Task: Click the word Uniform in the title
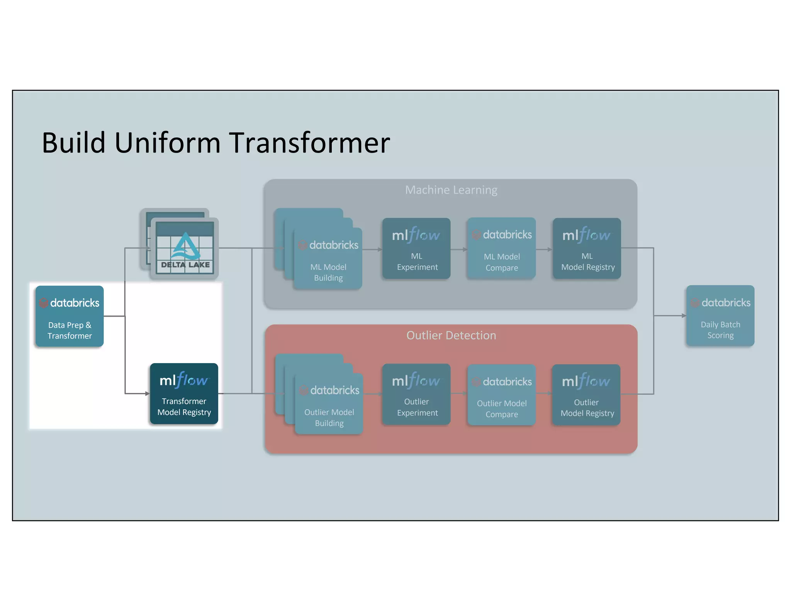[x=167, y=143]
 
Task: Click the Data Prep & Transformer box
[x=70, y=316]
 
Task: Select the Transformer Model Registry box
[x=184, y=394]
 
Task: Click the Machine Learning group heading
[x=451, y=190]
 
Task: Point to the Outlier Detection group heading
[x=451, y=335]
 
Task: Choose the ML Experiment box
[x=416, y=248]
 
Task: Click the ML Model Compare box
[x=501, y=248]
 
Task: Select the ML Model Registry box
[x=587, y=248]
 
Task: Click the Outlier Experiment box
[x=416, y=394]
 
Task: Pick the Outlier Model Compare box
[x=501, y=395]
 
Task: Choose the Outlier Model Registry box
[x=586, y=395]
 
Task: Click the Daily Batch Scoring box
[x=720, y=316]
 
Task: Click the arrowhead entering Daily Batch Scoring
[x=684, y=316]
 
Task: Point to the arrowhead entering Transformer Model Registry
[x=147, y=394]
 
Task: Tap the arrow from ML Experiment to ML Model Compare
[x=459, y=249]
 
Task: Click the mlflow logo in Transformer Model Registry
[x=184, y=380]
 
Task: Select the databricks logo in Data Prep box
[x=70, y=303]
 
